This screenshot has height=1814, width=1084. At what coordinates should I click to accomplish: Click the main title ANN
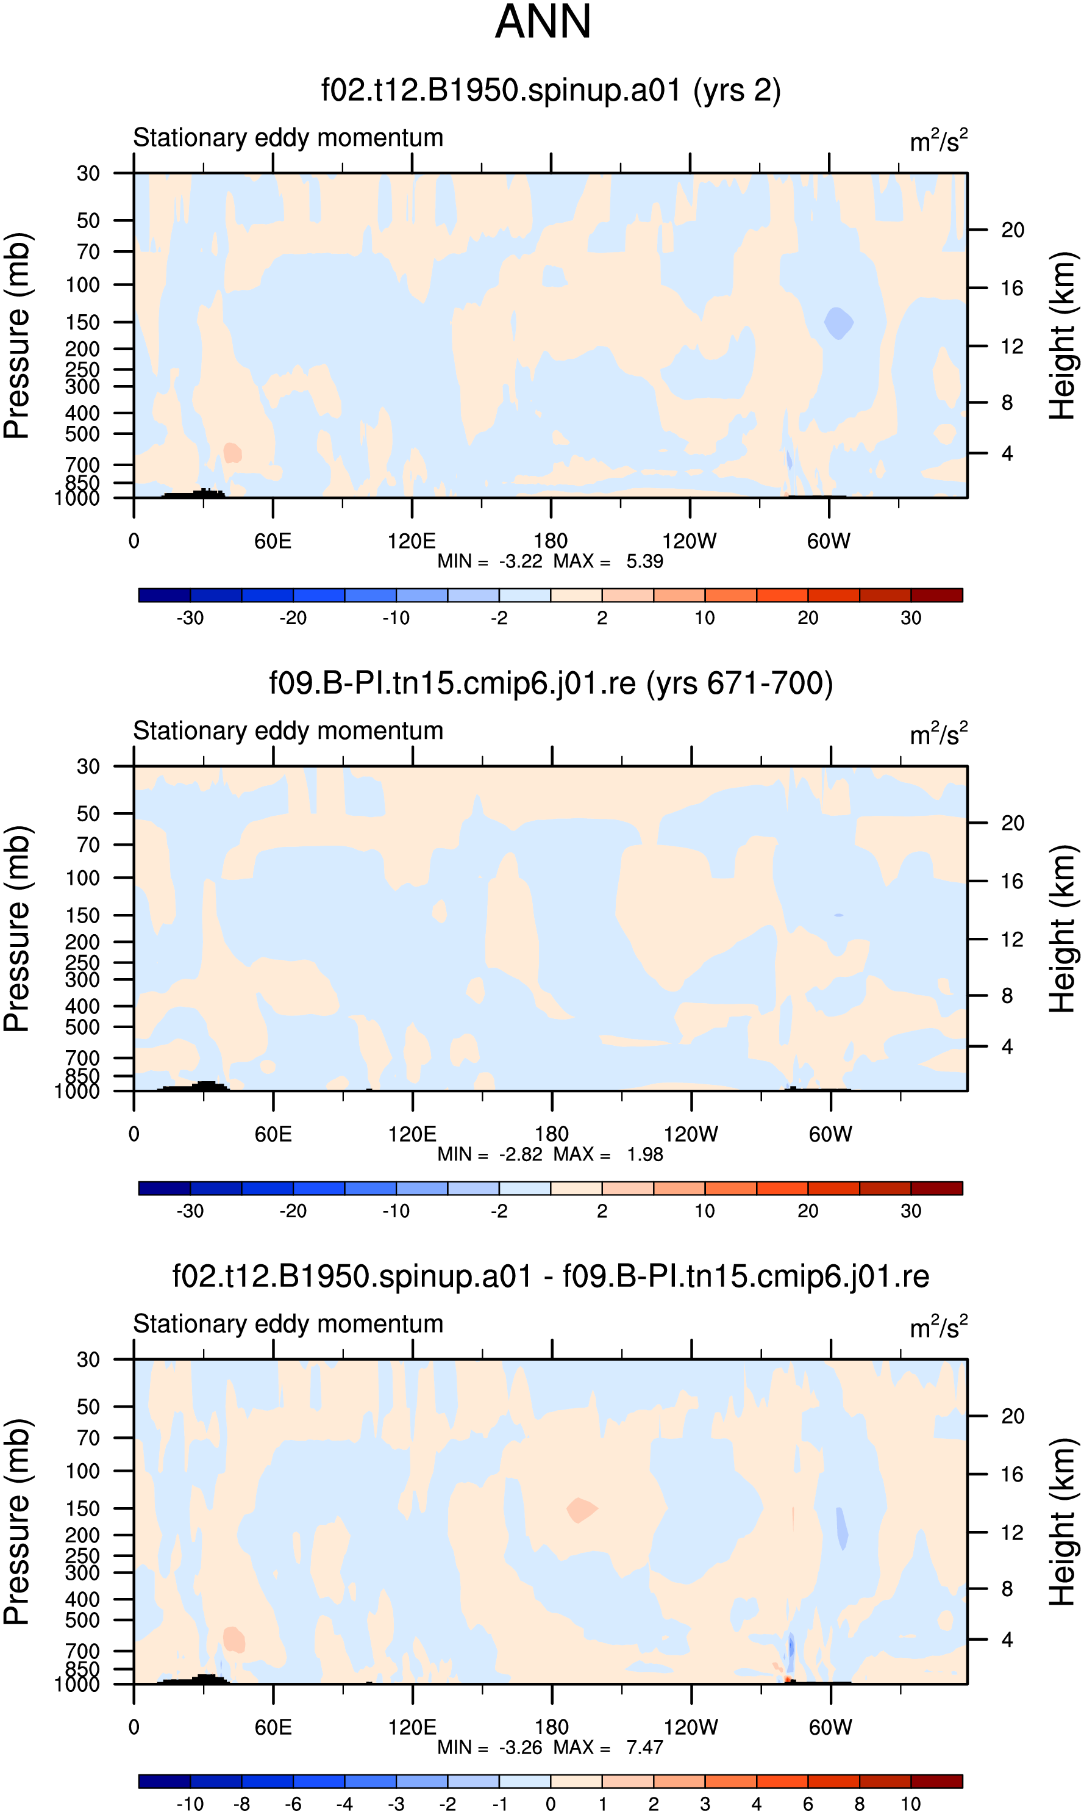pyautogui.click(x=543, y=22)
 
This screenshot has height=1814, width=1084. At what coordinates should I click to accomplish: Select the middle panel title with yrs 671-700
pyautogui.click(x=551, y=683)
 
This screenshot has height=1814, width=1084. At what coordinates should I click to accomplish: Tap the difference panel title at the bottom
pyautogui.click(x=551, y=1276)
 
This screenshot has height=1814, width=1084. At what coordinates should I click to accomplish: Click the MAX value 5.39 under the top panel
pyautogui.click(x=644, y=561)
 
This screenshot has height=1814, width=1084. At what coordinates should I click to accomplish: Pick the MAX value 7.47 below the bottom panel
pyautogui.click(x=644, y=1747)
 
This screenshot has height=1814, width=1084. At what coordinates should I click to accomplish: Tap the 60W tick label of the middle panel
pyautogui.click(x=830, y=1134)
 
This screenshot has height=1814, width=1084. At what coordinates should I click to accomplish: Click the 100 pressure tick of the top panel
pyautogui.click(x=82, y=284)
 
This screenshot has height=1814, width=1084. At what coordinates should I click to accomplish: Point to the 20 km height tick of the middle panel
pyautogui.click(x=1013, y=823)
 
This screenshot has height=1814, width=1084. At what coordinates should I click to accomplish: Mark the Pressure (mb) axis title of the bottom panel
pyautogui.click(x=16, y=1522)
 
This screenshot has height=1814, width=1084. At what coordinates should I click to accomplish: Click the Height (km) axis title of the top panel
pyautogui.click(x=1063, y=336)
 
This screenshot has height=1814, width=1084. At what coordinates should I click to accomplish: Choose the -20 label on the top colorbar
pyautogui.click(x=293, y=617)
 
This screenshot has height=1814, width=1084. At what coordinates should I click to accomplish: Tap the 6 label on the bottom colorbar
pyautogui.click(x=808, y=1804)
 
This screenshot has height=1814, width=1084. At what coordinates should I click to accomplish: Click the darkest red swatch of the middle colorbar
pyautogui.click(x=936, y=1187)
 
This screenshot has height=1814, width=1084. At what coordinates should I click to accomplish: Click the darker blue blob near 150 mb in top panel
pyautogui.click(x=838, y=322)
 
